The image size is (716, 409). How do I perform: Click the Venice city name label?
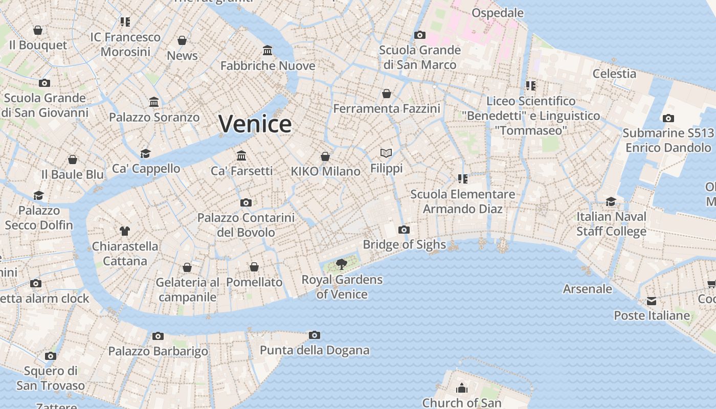click(x=255, y=124)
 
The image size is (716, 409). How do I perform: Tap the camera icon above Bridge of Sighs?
click(x=404, y=230)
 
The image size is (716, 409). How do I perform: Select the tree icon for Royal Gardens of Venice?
click(x=341, y=264)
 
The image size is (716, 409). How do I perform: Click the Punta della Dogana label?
click(x=315, y=350)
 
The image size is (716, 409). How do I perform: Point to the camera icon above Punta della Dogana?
click(x=315, y=335)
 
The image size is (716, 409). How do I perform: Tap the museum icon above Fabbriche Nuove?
click(x=267, y=51)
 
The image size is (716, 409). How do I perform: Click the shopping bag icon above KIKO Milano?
click(x=325, y=156)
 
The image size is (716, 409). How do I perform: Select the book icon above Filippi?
click(x=386, y=153)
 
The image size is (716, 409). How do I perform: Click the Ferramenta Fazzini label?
click(x=387, y=109)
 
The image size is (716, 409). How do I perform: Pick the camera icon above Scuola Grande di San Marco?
click(x=420, y=35)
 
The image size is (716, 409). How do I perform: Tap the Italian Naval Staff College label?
click(x=611, y=224)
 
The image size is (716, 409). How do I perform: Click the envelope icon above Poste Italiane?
click(x=652, y=301)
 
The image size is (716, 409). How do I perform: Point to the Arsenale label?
click(x=587, y=289)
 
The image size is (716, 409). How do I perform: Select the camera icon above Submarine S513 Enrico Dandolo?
click(x=668, y=118)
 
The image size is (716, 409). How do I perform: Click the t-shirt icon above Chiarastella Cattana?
click(x=125, y=231)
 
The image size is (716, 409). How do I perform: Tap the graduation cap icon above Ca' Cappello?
click(x=146, y=153)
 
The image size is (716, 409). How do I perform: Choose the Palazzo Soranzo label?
click(x=154, y=118)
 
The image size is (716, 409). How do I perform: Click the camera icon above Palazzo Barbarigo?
click(x=158, y=336)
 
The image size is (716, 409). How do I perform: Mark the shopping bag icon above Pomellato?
click(x=254, y=267)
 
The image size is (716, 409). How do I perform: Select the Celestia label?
click(x=614, y=74)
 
